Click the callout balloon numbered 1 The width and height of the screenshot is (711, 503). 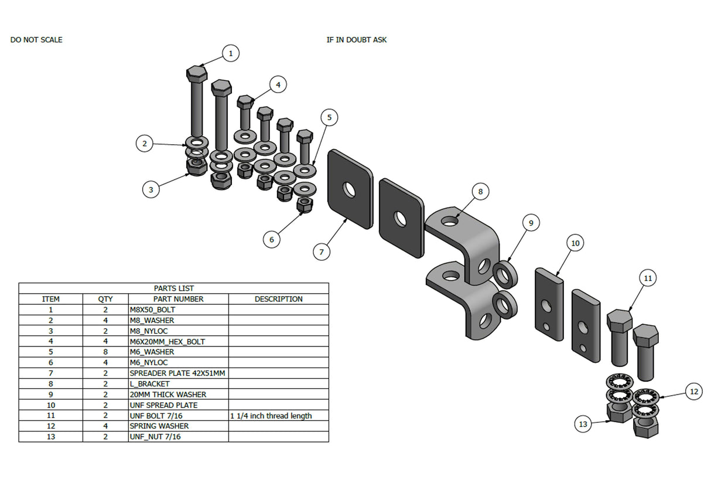231,53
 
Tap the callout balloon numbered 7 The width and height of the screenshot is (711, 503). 321,252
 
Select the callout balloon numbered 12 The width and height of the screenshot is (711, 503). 694,392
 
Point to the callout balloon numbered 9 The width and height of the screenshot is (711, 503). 531,223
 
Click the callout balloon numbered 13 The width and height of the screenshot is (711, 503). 583,424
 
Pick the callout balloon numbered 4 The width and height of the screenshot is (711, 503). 278,84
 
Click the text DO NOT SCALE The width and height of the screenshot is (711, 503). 36,40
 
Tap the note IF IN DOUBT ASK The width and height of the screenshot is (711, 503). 357,40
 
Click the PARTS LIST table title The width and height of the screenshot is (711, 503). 173,288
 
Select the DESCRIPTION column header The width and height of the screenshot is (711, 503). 278,299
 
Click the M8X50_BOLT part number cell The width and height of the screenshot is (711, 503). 152,310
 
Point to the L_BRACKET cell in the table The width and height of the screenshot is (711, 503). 150,384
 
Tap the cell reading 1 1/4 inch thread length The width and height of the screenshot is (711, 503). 271,416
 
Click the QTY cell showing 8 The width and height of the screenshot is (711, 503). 105,352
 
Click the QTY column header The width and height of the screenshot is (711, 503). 105,299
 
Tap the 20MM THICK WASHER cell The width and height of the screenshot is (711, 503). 168,395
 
